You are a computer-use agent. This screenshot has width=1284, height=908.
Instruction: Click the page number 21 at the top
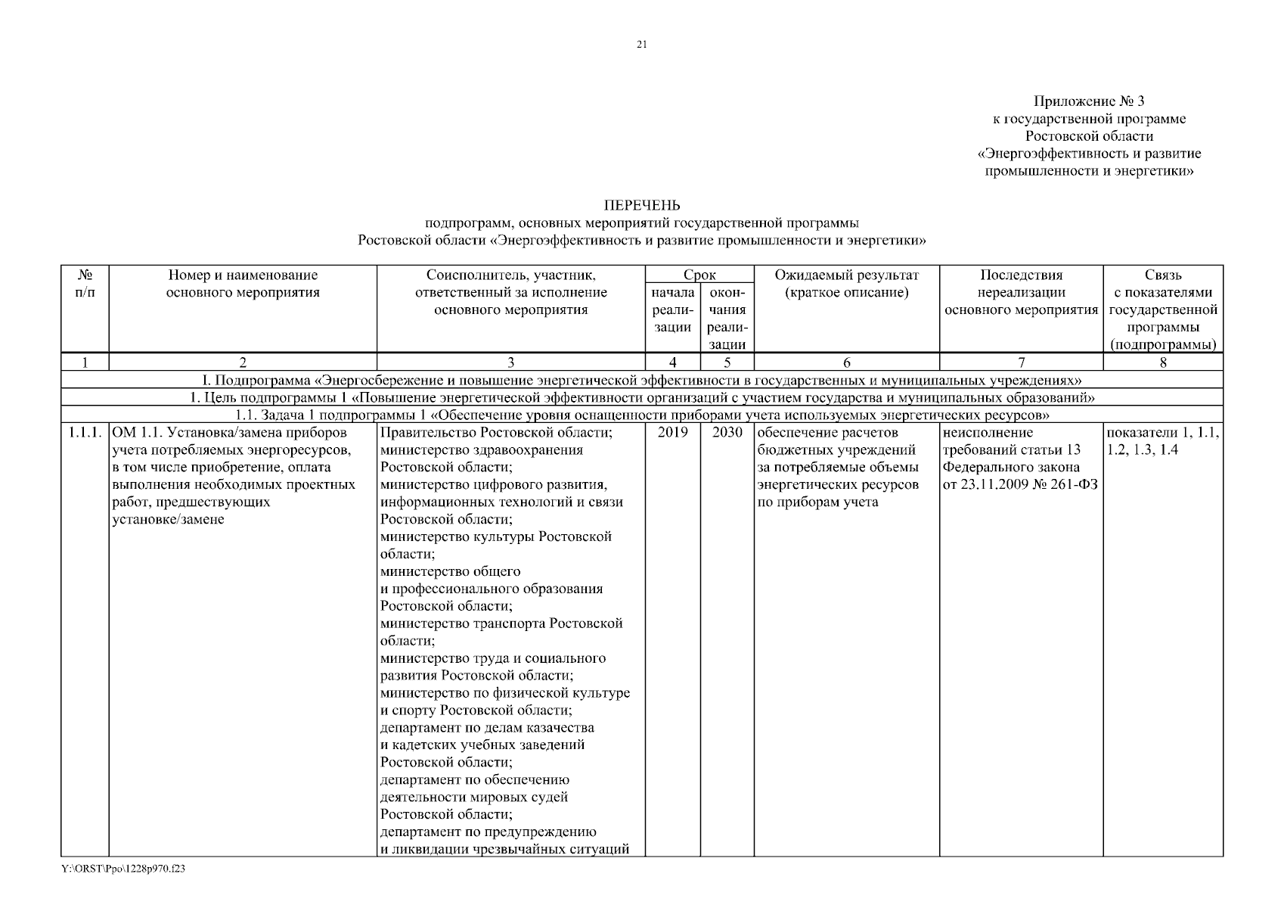[642, 45]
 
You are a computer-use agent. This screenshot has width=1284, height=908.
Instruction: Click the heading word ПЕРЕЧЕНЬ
[642, 206]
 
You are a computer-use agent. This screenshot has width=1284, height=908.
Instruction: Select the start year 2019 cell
[673, 433]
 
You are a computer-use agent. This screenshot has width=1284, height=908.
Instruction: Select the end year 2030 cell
[727, 433]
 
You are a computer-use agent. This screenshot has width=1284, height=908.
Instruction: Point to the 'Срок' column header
[699, 275]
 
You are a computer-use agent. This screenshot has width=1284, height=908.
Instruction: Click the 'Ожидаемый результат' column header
[846, 275]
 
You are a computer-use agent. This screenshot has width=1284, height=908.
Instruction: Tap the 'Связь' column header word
[1163, 275]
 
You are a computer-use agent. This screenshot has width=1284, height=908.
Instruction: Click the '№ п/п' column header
[85, 284]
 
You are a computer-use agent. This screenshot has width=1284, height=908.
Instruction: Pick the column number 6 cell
[847, 362]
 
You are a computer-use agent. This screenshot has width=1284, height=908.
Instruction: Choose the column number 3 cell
[510, 362]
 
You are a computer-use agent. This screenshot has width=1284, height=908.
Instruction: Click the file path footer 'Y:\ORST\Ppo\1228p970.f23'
[124, 869]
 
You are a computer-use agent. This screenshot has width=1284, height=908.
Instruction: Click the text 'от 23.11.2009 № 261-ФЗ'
[1021, 485]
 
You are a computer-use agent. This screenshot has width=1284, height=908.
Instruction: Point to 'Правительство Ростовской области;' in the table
[496, 433]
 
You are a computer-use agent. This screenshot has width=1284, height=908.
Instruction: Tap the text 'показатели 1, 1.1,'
[1163, 433]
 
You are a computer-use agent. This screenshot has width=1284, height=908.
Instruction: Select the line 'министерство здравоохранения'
[482, 450]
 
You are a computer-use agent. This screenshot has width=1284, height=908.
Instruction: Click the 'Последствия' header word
[1021, 275]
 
